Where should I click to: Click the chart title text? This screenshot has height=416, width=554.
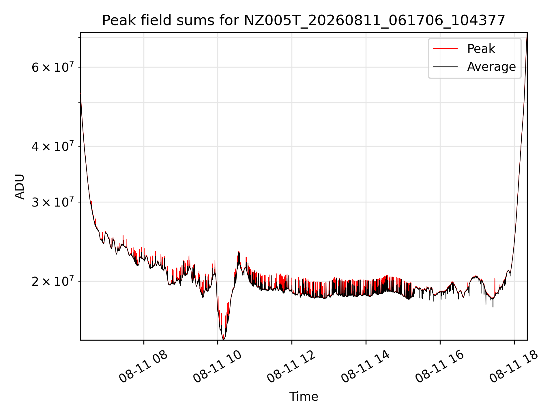pyautogui.click(x=304, y=21)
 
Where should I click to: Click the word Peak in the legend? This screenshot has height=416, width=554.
pyautogui.click(x=481, y=49)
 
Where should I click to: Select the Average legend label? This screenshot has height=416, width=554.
pyautogui.click(x=491, y=67)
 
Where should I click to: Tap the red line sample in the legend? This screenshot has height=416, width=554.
pyautogui.click(x=445, y=49)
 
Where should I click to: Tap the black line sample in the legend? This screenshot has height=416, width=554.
pyautogui.click(x=445, y=67)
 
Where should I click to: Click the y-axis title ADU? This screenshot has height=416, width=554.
pyautogui.click(x=20, y=187)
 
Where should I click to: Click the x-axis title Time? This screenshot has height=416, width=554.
pyautogui.click(x=304, y=397)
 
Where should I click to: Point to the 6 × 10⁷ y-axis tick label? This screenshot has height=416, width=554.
pyautogui.click(x=53, y=67)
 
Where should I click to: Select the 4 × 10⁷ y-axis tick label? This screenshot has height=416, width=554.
pyautogui.click(x=53, y=146)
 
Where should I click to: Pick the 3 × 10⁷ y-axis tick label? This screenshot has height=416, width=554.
pyautogui.click(x=53, y=202)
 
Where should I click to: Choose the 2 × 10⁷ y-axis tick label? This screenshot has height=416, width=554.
pyautogui.click(x=53, y=281)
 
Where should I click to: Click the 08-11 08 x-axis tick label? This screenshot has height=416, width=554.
pyautogui.click(x=143, y=367)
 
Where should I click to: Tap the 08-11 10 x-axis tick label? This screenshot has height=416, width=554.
pyautogui.click(x=218, y=367)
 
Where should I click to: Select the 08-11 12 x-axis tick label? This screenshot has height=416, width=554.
pyautogui.click(x=291, y=367)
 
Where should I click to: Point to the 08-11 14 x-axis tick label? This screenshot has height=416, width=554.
pyautogui.click(x=366, y=367)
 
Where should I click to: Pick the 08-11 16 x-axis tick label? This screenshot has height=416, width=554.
pyautogui.click(x=440, y=367)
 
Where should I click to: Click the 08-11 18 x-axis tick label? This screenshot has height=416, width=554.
pyautogui.click(x=514, y=367)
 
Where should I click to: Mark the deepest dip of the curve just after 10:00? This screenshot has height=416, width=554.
pyautogui.click(x=223, y=339)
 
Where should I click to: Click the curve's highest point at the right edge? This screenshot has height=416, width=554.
pyautogui.click(x=527, y=33)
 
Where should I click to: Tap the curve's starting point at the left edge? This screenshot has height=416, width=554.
pyautogui.click(x=81, y=93)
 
